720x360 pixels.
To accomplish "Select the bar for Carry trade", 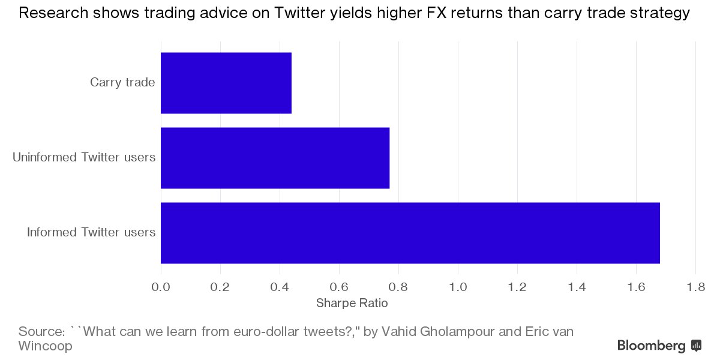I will (226, 83).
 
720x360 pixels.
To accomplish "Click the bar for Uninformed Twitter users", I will (275, 158).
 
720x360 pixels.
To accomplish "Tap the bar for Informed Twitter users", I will (410, 233).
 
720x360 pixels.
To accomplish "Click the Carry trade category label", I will (122, 82).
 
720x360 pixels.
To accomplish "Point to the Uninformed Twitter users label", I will (84, 157).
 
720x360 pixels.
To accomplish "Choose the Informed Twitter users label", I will (91, 232).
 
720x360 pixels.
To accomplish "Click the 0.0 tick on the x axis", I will (161, 287).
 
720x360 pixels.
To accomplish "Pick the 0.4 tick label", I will (280, 287).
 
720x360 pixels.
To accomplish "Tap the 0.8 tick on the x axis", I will (398, 287).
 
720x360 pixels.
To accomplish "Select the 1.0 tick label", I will (458, 287).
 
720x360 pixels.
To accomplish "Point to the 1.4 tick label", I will (577, 287).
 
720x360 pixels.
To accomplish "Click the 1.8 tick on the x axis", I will (695, 287).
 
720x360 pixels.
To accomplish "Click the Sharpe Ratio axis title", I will (352, 304).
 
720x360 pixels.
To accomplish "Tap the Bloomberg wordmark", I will (651, 346).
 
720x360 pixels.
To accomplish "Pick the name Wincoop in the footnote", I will (45, 346).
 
